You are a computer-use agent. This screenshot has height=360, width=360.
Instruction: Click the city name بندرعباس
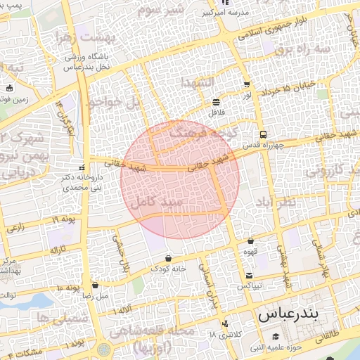point(288,314)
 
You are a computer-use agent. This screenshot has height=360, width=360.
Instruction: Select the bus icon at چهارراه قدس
point(262,134)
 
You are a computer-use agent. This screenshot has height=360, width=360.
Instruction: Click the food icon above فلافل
point(215,103)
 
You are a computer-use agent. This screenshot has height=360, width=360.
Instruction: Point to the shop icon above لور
point(247,84)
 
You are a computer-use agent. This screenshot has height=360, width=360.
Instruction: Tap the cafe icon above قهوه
point(250,241)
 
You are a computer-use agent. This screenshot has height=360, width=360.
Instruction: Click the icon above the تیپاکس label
point(249,275)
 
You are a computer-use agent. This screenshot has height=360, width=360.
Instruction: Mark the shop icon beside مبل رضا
point(96,286)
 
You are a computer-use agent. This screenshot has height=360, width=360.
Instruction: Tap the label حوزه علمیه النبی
point(277,347)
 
